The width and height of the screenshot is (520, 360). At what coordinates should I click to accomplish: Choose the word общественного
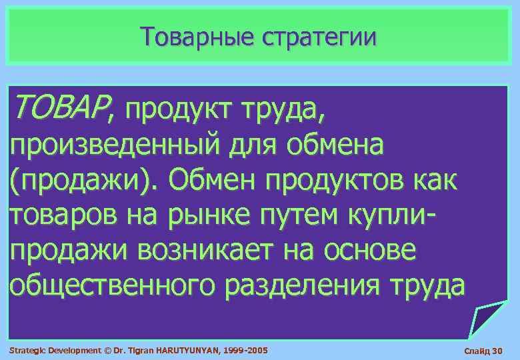tap(113, 286)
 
